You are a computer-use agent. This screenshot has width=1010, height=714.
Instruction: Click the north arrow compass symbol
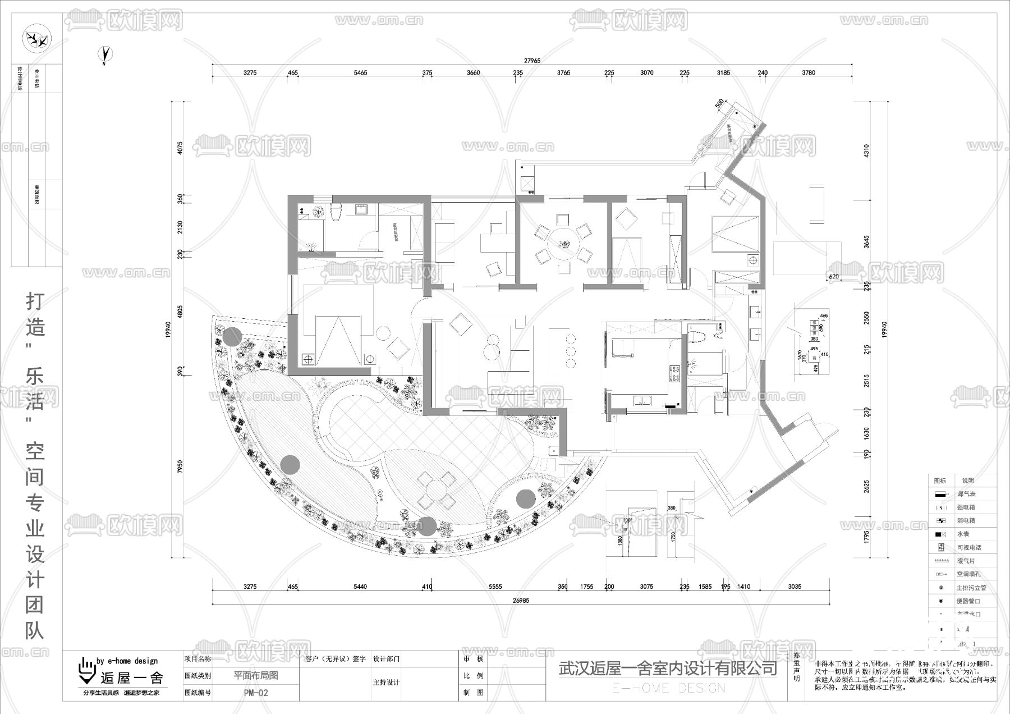[x=105, y=54]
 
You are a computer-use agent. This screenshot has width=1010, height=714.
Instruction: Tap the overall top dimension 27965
[x=532, y=61]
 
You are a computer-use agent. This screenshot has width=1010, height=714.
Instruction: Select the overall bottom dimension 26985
[x=521, y=600]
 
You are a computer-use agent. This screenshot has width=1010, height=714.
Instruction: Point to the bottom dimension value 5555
[x=495, y=587]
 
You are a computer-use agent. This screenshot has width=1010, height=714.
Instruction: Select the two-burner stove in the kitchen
[x=673, y=374]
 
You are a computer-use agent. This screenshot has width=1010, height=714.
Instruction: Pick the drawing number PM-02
[x=256, y=693]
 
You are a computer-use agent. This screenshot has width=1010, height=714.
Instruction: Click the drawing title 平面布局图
[x=256, y=676]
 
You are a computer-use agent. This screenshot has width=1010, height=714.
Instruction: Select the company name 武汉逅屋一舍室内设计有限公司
[x=668, y=668]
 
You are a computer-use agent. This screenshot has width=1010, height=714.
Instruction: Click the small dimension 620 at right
[x=834, y=277]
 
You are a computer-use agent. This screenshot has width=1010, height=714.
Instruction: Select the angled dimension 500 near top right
[x=720, y=104]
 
